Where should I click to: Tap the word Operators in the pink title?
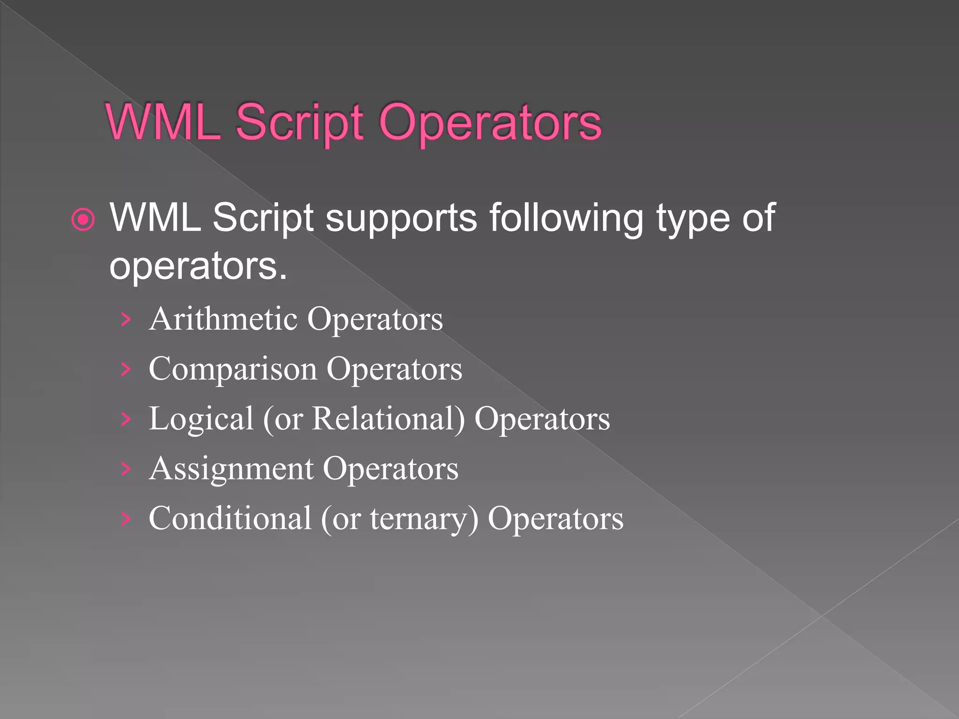(490, 123)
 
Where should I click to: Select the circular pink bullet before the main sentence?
(83, 219)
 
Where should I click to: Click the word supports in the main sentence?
(401, 218)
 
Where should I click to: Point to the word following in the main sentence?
(567, 218)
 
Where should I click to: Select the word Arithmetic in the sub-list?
(223, 319)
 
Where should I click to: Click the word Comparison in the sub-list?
(233, 369)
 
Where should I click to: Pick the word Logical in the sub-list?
(201, 418)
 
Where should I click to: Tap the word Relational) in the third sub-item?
(388, 418)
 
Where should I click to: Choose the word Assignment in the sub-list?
(231, 469)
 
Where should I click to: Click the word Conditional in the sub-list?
(230, 518)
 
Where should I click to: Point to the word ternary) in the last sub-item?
(424, 519)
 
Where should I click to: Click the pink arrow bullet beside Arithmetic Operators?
(125, 320)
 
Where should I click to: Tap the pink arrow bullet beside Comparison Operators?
(125, 369)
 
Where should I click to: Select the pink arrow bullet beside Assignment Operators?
(125, 469)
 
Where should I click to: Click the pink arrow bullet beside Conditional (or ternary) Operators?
(125, 519)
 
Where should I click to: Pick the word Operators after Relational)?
(542, 418)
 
